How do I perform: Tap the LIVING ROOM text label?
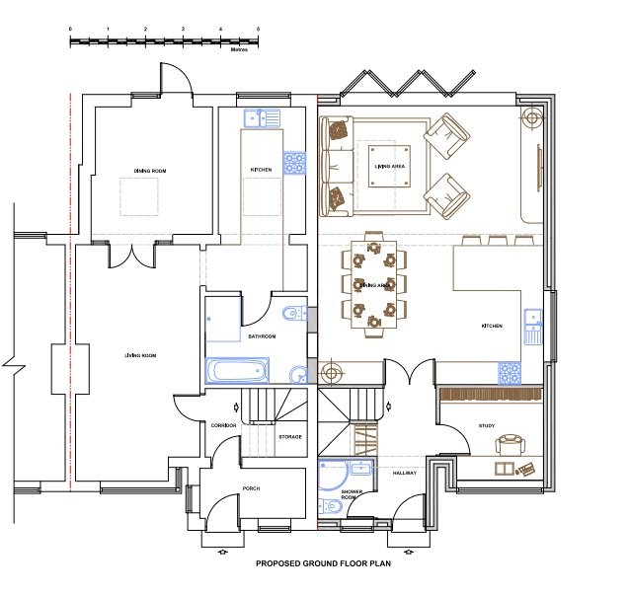tap(140, 354)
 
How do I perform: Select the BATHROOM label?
tap(262, 336)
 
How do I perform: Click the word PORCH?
tap(251, 487)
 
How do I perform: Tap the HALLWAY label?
tap(406, 474)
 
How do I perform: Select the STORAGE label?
tap(289, 436)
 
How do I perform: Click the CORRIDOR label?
tap(223, 425)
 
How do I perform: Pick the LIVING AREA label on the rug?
tap(389, 167)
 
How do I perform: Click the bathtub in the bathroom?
tap(237, 370)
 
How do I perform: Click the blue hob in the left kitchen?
tap(293, 161)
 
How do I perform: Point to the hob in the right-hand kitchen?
tap(510, 372)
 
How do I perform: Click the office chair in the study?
tap(511, 444)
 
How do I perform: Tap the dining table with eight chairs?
tap(374, 285)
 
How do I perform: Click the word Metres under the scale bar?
tap(238, 47)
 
